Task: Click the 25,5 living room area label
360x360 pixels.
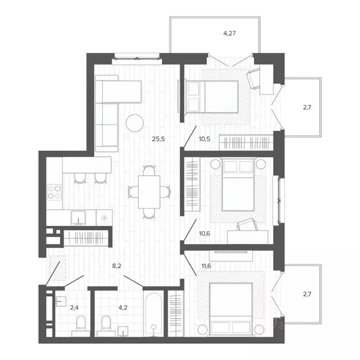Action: click(158, 138)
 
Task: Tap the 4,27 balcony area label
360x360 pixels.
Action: click(229, 33)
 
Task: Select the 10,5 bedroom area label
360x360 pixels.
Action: click(205, 138)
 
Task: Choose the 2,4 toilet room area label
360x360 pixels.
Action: click(74, 308)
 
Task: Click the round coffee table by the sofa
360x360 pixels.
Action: click(135, 123)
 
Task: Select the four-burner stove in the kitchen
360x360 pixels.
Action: click(54, 192)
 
